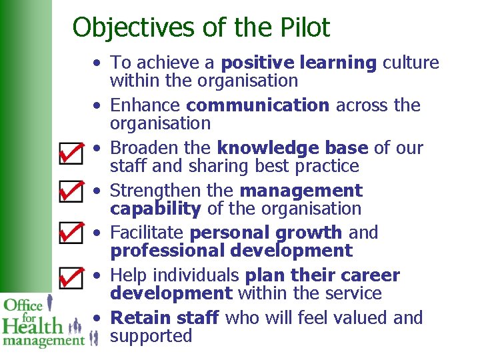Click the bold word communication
pyautogui.click(x=257, y=105)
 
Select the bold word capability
pyautogui.click(x=155, y=209)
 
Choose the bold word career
pyautogui.click(x=369, y=275)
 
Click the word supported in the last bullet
pyautogui.click(x=151, y=337)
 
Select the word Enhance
pyautogui.click(x=146, y=105)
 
